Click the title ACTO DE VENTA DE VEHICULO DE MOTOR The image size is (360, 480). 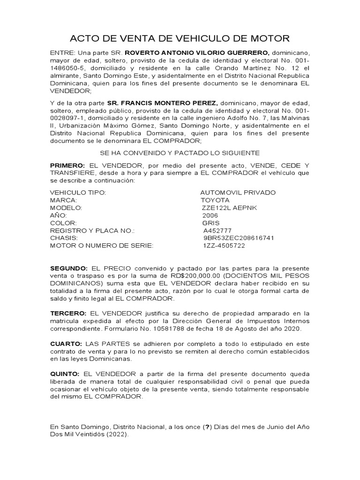pos(180,38)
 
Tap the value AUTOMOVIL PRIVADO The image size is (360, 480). pos(231,193)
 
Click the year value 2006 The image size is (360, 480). pos(210,215)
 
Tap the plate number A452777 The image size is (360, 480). pos(217,231)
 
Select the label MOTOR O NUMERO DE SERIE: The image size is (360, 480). pos(101,246)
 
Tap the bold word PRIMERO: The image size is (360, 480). pos(67,166)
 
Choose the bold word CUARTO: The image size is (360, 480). pos(66,344)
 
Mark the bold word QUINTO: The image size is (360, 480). pos(65,374)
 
